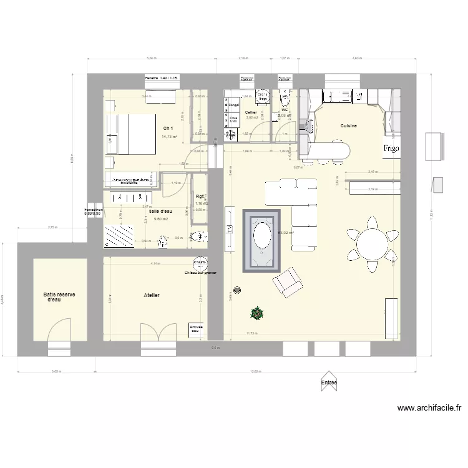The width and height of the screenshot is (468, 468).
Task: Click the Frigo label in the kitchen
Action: (x=391, y=149)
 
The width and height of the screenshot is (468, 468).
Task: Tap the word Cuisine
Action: (x=348, y=126)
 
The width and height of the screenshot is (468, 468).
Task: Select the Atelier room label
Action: (x=150, y=295)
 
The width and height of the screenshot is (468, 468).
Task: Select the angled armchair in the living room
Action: (x=286, y=281)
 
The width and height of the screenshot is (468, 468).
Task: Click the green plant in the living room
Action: (x=256, y=312)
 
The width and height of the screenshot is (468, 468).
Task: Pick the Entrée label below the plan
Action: (x=329, y=383)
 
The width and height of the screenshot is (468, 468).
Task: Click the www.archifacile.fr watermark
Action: (x=429, y=409)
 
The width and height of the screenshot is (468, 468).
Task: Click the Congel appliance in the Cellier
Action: (x=234, y=105)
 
